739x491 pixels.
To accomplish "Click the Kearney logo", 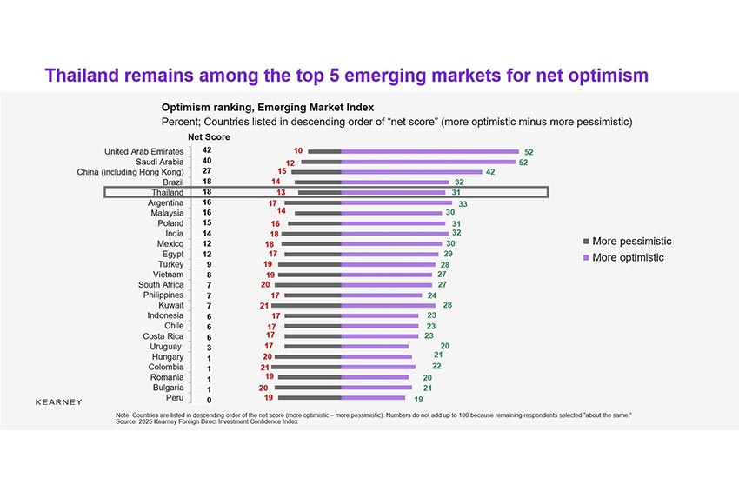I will [59, 402].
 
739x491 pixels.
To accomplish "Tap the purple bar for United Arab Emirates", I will [429, 151].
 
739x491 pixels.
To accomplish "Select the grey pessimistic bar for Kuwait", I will [306, 305].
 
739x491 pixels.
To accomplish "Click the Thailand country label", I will [165, 192].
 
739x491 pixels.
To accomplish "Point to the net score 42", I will [207, 151].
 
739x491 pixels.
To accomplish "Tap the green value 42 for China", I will [490, 172].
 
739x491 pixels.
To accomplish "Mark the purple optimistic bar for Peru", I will [374, 398].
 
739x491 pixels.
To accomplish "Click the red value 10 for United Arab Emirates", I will [298, 151].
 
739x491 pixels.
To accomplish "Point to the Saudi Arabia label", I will [160, 162].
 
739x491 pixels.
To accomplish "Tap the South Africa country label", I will [161, 285].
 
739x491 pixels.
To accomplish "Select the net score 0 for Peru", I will [207, 399].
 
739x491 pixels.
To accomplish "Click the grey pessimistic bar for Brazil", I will [317, 182].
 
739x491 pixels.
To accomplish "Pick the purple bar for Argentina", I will [396, 202].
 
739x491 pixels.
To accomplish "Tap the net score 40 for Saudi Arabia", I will [207, 162].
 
